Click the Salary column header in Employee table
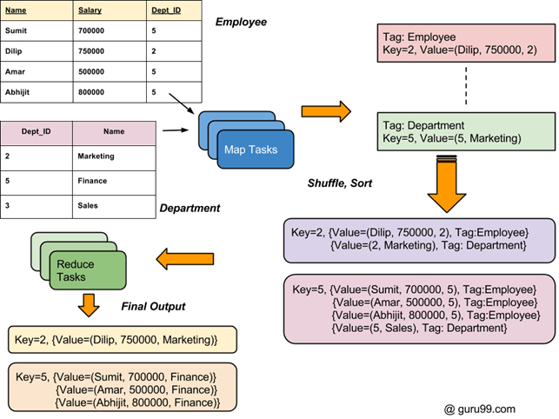pyautogui.click(x=90, y=11)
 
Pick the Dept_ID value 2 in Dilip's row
pyautogui.click(x=153, y=51)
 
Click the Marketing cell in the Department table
pyautogui.click(x=96, y=156)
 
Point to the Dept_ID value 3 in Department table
pyautogui.click(x=8, y=205)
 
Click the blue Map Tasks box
pyautogui.click(x=250, y=150)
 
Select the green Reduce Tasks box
pyautogui.click(x=83, y=269)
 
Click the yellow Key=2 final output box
pyautogui.click(x=111, y=339)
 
